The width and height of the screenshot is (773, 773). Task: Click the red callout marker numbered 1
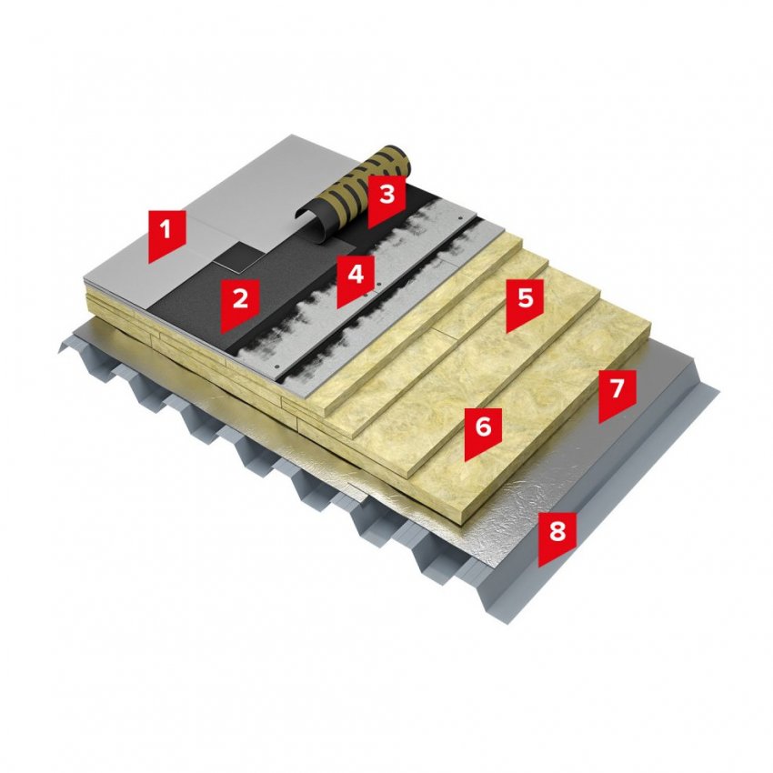click(x=167, y=235)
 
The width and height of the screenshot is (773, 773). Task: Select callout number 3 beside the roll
click(x=386, y=200)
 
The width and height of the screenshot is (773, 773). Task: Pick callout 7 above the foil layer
click(x=617, y=395)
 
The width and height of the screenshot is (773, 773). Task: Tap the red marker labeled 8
click(x=557, y=537)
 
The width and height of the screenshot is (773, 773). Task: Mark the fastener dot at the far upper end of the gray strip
click(x=461, y=217)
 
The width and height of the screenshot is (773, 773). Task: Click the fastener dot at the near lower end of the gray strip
click(x=277, y=366)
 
